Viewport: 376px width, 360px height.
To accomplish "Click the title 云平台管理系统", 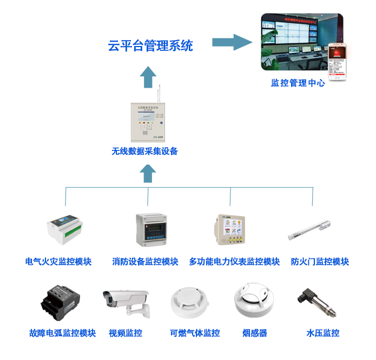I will pos(150,46).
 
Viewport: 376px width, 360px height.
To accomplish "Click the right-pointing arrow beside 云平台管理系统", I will pos(232,42).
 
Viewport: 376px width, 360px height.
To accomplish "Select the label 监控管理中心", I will pos(298,83).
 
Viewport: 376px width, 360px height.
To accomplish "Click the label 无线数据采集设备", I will pos(144,152).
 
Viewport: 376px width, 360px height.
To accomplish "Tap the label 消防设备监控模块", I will pos(145,261).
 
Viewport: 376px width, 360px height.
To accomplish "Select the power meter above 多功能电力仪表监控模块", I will pos(230,230).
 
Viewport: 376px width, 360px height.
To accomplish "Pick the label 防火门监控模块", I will pos(320,261).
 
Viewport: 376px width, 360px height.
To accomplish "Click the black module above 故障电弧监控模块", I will pos(61,303).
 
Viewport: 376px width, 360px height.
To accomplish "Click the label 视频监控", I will pos(126,333).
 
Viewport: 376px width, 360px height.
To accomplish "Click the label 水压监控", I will pos(323,333).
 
